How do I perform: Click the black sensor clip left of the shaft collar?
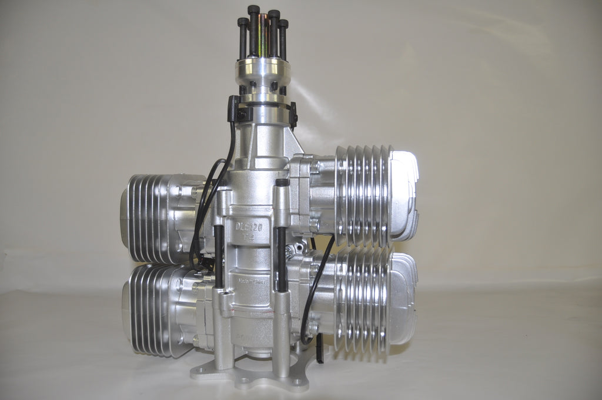coord(232,109)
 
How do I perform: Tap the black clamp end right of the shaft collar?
coord(292,114)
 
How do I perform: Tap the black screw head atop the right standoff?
coord(282,182)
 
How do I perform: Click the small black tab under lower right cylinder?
coord(319,346)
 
